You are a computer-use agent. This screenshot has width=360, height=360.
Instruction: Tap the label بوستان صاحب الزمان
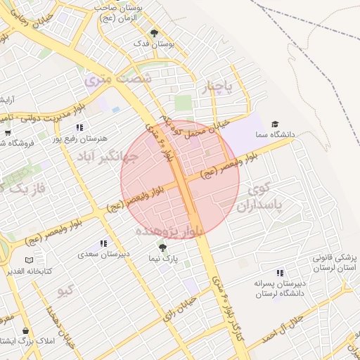tap(119, 12)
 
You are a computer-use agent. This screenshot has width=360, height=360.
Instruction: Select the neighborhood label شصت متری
tap(118, 79)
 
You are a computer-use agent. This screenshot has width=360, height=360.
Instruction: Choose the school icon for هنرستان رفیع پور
tap(79, 128)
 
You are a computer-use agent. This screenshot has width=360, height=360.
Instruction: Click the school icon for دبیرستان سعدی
tap(104, 243)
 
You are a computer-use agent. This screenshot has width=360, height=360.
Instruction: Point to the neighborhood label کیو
tap(66, 290)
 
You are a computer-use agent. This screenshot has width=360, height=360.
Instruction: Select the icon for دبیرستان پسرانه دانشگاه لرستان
tap(281, 272)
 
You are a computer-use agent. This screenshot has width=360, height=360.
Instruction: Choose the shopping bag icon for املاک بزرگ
tap(26, 330)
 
